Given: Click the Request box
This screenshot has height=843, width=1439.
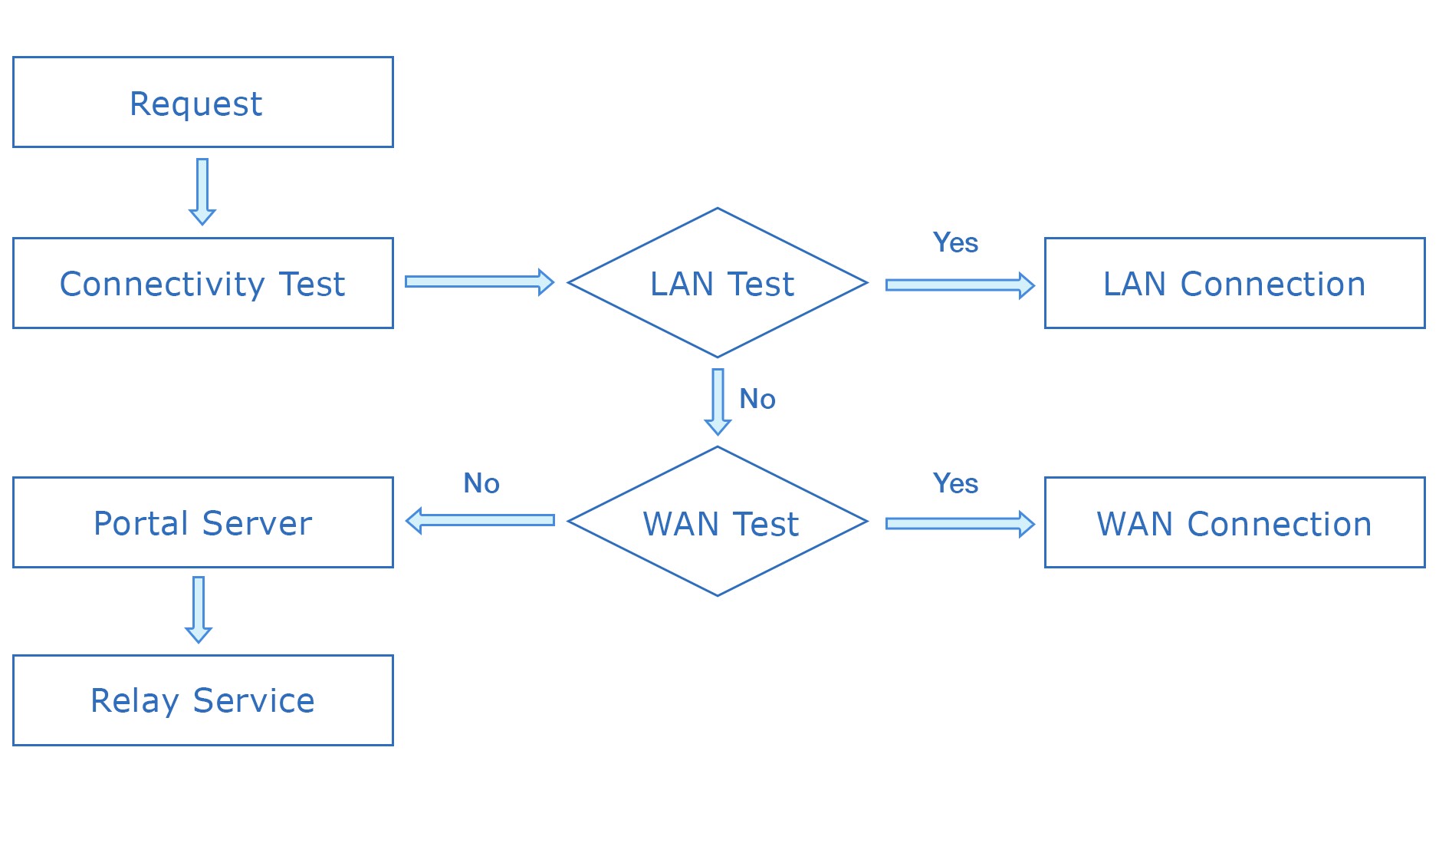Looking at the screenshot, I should pyautogui.click(x=202, y=102).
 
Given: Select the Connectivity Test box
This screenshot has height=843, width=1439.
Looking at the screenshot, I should pyautogui.click(x=202, y=283).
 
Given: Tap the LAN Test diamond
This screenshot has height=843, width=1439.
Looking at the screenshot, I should pyautogui.click(x=718, y=283).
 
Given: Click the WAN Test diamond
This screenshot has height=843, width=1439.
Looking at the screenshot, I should pyautogui.click(x=718, y=522).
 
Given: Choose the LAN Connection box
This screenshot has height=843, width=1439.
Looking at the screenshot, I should pyautogui.click(x=1234, y=283).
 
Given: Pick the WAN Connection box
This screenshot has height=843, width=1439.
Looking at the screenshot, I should pyautogui.click(x=1234, y=522).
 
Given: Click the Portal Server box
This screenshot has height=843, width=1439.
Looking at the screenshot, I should pyautogui.click(x=202, y=522).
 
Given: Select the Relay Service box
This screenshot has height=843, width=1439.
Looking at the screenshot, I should pyautogui.click(x=202, y=700).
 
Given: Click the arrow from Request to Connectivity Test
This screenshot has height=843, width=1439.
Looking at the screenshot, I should pyautogui.click(x=202, y=191).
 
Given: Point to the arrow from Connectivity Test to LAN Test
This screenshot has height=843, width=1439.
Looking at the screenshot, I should pyautogui.click(x=479, y=282).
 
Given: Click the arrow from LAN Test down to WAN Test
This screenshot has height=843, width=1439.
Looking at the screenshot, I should pyautogui.click(x=718, y=401).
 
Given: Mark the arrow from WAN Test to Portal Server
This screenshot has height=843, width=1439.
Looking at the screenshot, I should pyautogui.click(x=480, y=520).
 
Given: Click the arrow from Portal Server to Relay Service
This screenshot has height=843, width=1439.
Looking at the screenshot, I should pyautogui.click(x=199, y=609).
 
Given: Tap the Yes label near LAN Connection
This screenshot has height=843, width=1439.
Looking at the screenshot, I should pyautogui.click(x=955, y=242).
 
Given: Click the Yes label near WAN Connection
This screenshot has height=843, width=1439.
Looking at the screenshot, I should pyautogui.click(x=955, y=483).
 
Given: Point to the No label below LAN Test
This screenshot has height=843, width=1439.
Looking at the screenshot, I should pyautogui.click(x=757, y=399).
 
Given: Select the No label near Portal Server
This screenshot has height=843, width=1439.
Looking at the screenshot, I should pyautogui.click(x=481, y=483).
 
